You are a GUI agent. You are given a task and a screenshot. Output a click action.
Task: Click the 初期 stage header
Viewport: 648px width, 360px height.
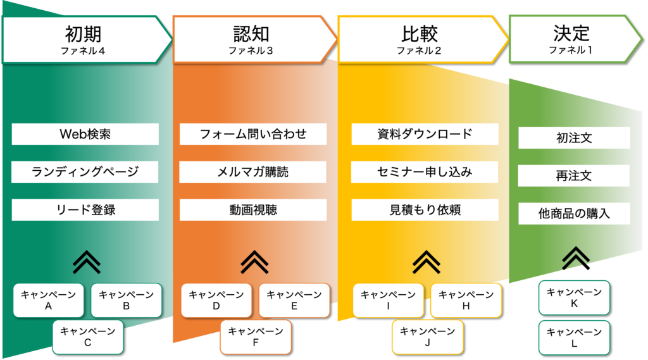(x=87, y=40)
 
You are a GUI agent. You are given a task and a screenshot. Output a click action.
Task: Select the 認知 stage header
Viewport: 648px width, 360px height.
(x=254, y=40)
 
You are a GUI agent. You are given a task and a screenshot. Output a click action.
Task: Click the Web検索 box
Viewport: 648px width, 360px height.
(x=85, y=134)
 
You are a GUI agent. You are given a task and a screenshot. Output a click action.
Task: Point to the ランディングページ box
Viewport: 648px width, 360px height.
(x=85, y=172)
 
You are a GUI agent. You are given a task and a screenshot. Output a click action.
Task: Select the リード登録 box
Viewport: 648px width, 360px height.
(x=85, y=210)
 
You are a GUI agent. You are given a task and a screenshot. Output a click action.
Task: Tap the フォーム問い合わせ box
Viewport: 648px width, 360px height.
(x=253, y=134)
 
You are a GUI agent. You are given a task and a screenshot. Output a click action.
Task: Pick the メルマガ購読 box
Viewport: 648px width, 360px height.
(x=252, y=172)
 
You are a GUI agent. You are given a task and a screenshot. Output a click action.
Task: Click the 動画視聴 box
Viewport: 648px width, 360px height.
(x=253, y=210)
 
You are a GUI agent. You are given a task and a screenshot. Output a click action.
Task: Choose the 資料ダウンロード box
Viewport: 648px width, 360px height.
(x=425, y=134)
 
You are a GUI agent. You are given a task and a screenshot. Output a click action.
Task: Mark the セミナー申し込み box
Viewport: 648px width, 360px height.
(x=425, y=172)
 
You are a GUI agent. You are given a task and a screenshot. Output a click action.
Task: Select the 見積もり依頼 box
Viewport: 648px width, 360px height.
(x=425, y=210)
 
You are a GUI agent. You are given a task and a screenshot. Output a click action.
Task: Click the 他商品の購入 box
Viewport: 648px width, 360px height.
(x=574, y=214)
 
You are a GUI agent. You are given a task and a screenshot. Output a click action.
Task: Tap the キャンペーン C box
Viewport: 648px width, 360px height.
(x=87, y=337)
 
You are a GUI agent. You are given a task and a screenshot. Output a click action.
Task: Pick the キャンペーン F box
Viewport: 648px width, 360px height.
(x=256, y=337)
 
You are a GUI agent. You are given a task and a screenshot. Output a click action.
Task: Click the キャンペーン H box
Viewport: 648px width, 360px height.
(x=466, y=301)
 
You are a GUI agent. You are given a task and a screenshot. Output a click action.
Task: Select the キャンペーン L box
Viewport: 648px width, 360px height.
(x=574, y=338)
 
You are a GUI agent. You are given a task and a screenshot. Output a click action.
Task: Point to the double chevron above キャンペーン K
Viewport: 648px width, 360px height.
(x=576, y=258)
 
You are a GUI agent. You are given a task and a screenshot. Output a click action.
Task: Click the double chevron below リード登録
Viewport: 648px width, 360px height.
(x=86, y=262)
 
